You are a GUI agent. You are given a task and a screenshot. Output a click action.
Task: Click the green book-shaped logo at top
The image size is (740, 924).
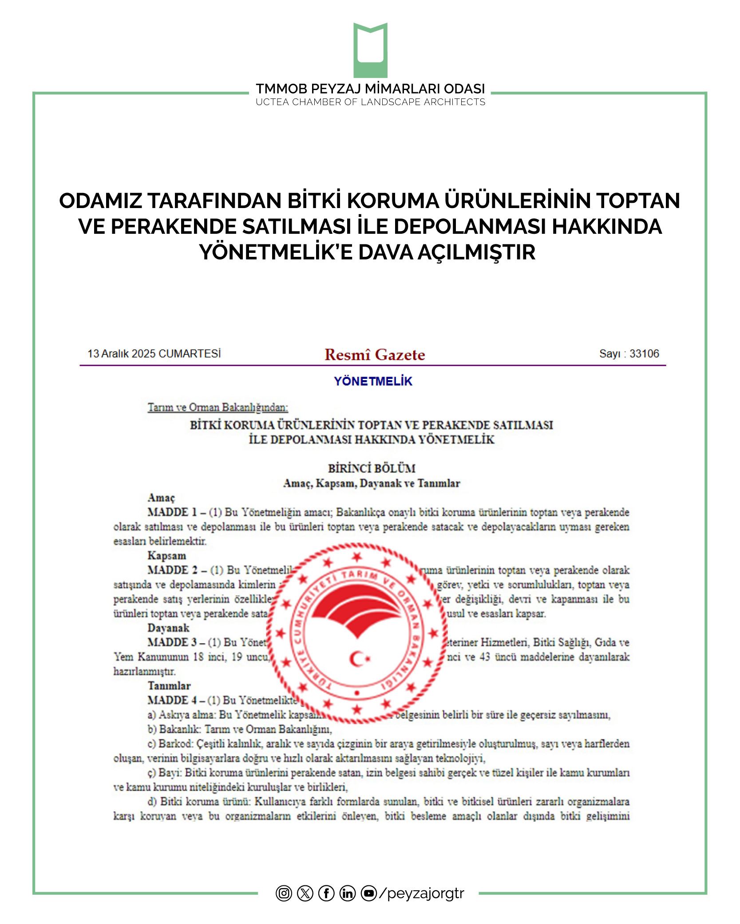[x=370, y=50]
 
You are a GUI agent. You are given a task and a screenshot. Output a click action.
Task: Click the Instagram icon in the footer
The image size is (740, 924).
[x=284, y=893]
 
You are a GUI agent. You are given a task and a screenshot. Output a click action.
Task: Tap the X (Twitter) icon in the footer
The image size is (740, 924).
[x=305, y=893]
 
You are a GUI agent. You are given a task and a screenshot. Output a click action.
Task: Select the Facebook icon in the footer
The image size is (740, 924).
[x=326, y=893]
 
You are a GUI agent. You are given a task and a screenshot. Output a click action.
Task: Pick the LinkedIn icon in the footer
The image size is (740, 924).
[x=348, y=893]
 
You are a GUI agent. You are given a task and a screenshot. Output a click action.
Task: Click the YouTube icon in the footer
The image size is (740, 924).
[x=369, y=893]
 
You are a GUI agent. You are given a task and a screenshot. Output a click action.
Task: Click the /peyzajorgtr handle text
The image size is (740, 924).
[x=422, y=893]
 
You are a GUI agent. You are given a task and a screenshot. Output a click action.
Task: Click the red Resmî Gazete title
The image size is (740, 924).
[x=375, y=355]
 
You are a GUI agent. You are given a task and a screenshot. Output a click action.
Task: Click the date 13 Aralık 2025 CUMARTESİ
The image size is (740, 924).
[x=154, y=354]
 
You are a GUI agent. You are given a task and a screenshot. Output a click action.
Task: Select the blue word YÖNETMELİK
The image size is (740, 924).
[x=373, y=381]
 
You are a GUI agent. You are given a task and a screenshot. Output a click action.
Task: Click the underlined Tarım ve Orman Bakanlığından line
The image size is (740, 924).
[x=218, y=407]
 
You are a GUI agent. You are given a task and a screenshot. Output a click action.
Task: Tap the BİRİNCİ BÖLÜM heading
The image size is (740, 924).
[x=372, y=468]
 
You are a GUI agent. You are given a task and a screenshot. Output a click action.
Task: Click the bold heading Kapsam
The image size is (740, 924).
[x=166, y=556]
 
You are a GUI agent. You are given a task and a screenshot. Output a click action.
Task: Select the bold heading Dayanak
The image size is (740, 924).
[x=168, y=628]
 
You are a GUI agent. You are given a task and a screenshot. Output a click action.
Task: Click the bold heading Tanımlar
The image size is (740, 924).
[x=169, y=686]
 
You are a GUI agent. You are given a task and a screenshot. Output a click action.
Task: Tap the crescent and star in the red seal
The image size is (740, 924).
[x=359, y=659]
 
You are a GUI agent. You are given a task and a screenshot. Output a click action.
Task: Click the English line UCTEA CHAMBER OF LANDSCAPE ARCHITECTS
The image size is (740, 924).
[x=370, y=102]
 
